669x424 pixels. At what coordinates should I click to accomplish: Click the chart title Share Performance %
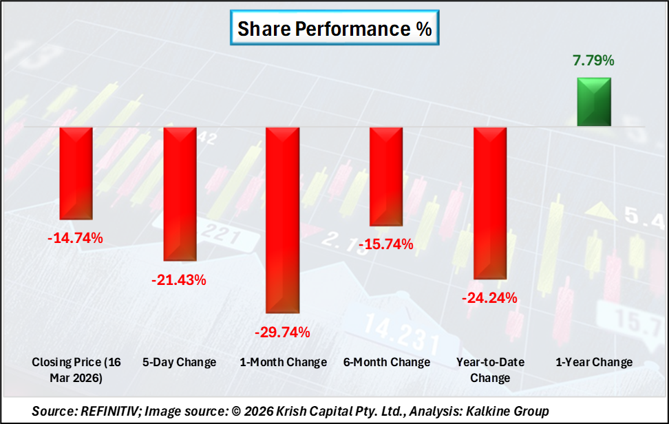334,28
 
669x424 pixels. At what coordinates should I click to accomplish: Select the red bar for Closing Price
76,173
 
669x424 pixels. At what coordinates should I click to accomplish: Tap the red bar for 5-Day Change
180,194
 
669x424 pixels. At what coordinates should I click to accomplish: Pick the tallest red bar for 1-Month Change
283,220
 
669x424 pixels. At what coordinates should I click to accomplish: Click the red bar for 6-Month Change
386,176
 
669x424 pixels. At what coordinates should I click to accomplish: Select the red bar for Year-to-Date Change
490,203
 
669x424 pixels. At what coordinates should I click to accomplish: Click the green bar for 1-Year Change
593,102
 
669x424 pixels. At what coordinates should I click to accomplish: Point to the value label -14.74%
76,239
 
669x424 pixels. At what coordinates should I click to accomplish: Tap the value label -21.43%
180,280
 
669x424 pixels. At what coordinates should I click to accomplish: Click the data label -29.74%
283,332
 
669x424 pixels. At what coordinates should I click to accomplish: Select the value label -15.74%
386,244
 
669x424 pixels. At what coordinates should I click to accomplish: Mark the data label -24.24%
490,298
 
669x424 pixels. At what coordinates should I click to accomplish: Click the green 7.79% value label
593,61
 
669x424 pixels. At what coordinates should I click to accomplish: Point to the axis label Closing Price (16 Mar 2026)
76,370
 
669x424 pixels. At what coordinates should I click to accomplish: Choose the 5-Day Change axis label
180,362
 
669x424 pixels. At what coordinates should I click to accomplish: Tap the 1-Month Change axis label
283,362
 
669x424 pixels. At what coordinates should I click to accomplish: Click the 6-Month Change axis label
386,362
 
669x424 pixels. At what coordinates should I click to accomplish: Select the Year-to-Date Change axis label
490,370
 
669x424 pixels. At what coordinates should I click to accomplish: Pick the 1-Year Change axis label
593,362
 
